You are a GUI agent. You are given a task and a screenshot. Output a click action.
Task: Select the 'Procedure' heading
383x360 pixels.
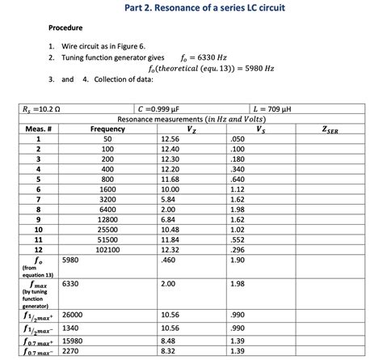pos(66,28)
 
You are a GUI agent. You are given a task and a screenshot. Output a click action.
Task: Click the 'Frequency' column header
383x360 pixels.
pos(107,129)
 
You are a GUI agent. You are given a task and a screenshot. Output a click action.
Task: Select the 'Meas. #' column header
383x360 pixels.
pos(38,129)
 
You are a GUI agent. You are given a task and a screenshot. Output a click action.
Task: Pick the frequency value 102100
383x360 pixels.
pos(107,251)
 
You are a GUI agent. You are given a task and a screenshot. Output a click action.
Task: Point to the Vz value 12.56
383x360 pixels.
pos(170,139)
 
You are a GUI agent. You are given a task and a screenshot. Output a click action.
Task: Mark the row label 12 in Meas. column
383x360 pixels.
pos(38,251)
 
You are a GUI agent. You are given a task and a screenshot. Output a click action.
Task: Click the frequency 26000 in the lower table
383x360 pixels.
pos(72,314)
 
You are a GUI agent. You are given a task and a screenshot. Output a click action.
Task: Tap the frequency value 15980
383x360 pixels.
pos(72,341)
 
